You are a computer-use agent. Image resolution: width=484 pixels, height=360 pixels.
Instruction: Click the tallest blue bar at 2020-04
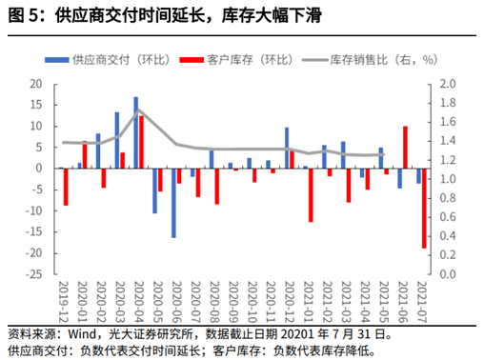pos(136,132)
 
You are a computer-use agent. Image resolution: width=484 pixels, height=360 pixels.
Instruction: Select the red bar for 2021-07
pos(424,209)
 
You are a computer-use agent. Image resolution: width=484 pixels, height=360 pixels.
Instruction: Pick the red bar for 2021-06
pos(405,148)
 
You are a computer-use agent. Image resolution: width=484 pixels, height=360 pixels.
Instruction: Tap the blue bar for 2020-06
pos(173,203)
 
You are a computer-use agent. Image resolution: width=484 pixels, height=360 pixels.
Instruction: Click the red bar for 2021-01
pos(311,195)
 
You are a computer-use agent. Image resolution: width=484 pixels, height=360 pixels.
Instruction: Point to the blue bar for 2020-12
pos(287,148)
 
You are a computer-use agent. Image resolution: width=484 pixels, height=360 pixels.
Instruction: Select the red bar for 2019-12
pos(66,187)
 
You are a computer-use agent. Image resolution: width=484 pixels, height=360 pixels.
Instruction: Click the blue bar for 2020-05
pos(154,190)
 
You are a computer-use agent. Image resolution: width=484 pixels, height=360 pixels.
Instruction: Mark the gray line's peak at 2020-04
pos(138,110)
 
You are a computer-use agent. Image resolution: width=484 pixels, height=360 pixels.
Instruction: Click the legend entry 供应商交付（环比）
pos(108,60)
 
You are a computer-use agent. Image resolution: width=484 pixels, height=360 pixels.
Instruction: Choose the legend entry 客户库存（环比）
pos(236,60)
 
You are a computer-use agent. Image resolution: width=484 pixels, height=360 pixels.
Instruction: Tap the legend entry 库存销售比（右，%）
pos(370,60)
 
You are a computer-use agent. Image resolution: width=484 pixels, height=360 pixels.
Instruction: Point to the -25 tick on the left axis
pos(34,274)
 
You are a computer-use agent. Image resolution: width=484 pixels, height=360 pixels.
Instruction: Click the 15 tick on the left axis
pos(36,105)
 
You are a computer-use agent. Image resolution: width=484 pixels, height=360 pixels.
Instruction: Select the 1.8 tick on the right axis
pos(448,103)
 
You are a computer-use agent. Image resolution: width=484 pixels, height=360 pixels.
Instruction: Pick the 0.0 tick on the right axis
pos(448,274)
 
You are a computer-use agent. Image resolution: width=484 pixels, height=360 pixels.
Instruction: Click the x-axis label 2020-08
pos(214,302)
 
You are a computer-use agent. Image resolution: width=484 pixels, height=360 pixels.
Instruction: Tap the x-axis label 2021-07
pos(422,302)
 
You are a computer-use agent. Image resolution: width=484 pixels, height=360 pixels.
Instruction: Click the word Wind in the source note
pos(82,334)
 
